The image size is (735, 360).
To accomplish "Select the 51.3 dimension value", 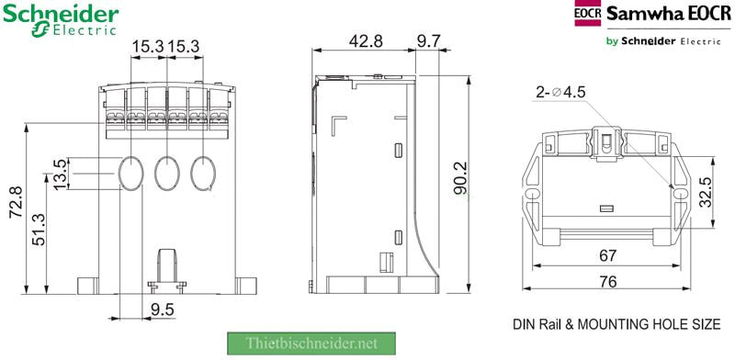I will point(39,230).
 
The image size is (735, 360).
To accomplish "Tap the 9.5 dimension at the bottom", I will point(163,309).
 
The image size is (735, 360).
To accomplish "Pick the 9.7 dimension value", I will point(429,41).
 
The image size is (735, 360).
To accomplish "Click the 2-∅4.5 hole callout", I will point(560,92).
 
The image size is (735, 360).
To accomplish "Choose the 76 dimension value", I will point(606,282).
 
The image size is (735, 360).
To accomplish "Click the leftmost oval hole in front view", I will point(131,172).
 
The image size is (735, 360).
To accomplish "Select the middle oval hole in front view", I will point(166,172).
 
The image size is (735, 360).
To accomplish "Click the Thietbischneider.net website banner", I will point(311,343).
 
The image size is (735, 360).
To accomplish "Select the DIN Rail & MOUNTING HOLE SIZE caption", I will point(616,324).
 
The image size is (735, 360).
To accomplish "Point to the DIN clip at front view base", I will point(166,265).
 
